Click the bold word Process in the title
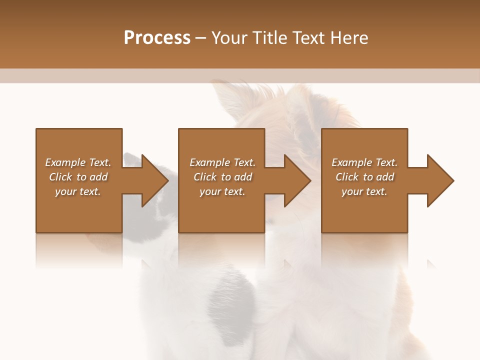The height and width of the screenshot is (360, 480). tap(157, 38)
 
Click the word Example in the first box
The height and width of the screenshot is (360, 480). tap(65, 162)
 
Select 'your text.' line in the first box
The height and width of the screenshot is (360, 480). tap(78, 191)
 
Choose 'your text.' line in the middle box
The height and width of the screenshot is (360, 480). tap(222, 191)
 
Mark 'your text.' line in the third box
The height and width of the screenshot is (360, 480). tap(364, 191)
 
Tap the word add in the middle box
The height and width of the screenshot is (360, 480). tap(243, 177)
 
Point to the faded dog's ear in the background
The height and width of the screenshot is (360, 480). tap(235, 100)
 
